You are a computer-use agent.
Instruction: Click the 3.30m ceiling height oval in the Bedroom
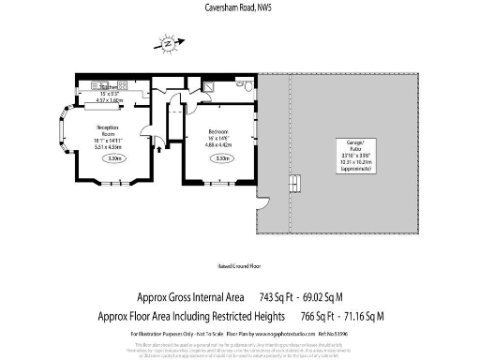222,158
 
